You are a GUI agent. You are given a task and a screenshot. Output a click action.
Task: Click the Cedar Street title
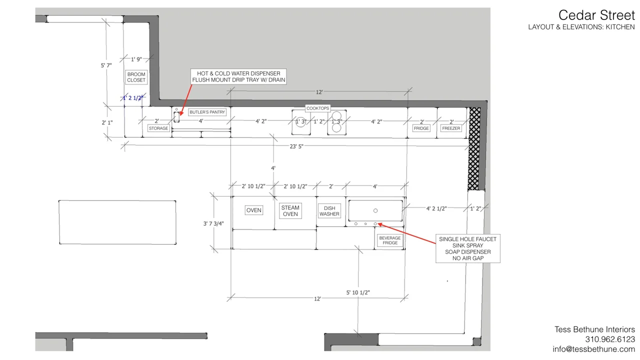pyautogui.click(x=596, y=15)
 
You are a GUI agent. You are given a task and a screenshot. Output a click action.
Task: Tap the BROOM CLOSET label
pyautogui.click(x=136, y=77)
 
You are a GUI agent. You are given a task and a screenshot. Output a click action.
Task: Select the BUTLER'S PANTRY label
pyautogui.click(x=207, y=112)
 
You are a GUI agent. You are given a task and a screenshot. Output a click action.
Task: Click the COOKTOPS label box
pyautogui.click(x=317, y=108)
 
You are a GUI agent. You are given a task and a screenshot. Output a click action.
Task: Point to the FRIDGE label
pyautogui.click(x=421, y=128)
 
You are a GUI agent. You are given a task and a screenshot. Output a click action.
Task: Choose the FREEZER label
pyautogui.click(x=451, y=128)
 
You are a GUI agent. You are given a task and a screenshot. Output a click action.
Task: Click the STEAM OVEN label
pyautogui.click(x=290, y=211)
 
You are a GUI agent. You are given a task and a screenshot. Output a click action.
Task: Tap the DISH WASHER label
pyautogui.click(x=329, y=211)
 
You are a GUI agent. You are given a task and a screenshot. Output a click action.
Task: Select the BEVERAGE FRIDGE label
pyautogui.click(x=389, y=240)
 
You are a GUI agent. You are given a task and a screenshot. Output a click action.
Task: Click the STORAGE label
pyautogui.click(x=158, y=128)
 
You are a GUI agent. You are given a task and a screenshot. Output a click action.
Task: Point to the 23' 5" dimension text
pyautogui.click(x=296, y=146)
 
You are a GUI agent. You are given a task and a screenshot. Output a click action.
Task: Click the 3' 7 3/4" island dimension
pyautogui.click(x=213, y=223)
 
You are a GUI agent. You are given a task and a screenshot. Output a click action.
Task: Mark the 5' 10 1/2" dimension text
pyautogui.click(x=358, y=292)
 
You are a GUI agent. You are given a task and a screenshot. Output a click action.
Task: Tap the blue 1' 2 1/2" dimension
pyautogui.click(x=132, y=98)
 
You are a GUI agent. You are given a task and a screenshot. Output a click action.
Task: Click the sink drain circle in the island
pyautogui.click(x=375, y=210)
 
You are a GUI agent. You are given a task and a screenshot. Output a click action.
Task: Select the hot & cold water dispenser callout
pyautogui.click(x=238, y=76)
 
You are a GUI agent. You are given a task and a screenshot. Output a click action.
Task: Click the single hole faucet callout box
pyautogui.click(x=467, y=248)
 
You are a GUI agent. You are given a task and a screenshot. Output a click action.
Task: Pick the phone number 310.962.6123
pyautogui.click(x=610, y=339)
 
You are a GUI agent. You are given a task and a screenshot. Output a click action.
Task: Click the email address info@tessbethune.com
pyautogui.click(x=593, y=349)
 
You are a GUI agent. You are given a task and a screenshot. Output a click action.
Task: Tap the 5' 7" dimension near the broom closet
pyautogui.click(x=106, y=65)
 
